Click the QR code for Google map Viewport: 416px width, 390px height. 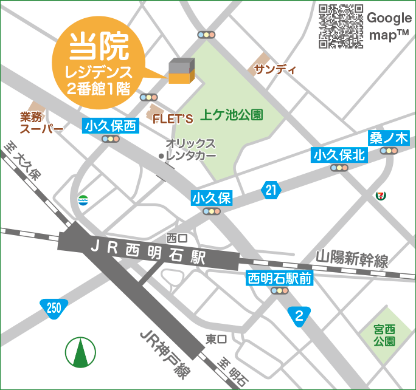(341, 26)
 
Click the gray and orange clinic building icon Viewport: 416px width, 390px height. (181, 71)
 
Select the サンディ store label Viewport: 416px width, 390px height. (275, 69)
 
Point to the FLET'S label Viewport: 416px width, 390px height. (176, 118)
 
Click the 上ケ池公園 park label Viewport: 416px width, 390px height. (232, 114)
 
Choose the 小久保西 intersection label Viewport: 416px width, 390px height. (111, 126)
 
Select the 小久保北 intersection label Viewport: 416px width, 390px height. (339, 155)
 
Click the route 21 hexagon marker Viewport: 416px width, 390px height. (271, 191)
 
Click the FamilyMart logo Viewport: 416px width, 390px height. (83, 200)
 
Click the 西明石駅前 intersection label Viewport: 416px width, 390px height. (280, 279)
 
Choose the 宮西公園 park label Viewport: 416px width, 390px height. (384, 335)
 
